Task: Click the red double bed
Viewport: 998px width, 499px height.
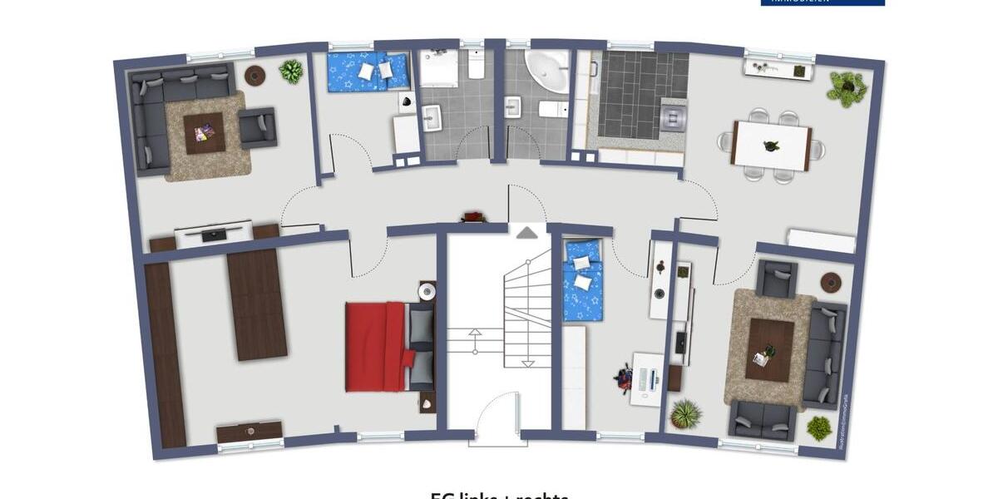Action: coord(379,346)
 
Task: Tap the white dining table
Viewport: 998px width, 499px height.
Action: coord(771,146)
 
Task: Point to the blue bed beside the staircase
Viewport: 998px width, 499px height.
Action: coord(583,279)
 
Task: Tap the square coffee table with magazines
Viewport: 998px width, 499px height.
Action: coord(205,133)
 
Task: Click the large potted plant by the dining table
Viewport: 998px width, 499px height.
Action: coord(847,87)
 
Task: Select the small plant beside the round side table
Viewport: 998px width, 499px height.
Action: coord(291,72)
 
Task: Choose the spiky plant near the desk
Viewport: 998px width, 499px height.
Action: coord(686,413)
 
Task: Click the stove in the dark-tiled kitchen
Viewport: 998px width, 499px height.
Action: coord(673,119)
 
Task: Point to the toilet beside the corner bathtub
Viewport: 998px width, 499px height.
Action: coord(551,109)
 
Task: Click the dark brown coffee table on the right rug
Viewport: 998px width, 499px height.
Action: coord(769,350)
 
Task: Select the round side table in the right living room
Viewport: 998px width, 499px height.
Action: coord(830,283)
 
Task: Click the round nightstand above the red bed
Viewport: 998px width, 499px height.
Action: coord(427,292)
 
